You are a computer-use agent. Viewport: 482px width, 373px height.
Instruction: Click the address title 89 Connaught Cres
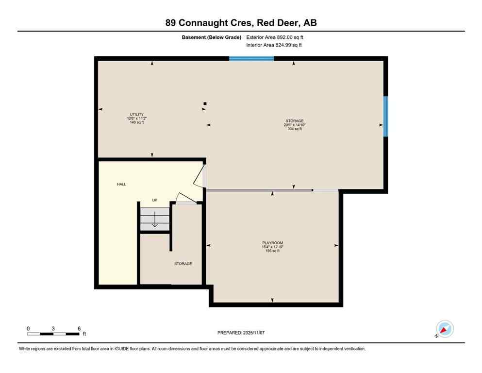click(241, 22)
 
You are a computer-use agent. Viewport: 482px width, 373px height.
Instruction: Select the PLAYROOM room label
click(272, 243)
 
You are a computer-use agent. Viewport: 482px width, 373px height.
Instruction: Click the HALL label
click(121, 185)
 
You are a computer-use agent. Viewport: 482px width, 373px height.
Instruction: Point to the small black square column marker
click(205, 103)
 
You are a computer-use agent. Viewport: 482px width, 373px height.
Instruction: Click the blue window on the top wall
click(251, 58)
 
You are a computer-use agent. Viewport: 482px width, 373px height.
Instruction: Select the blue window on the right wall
click(386, 117)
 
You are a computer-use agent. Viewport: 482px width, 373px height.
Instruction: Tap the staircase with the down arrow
click(155, 220)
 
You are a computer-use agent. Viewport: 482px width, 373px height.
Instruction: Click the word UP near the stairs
click(155, 200)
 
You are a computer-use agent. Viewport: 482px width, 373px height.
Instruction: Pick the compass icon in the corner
click(445, 329)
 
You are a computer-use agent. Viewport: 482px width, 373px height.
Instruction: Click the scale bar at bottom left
click(53, 334)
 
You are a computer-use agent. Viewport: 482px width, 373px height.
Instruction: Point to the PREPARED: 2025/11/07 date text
click(241, 333)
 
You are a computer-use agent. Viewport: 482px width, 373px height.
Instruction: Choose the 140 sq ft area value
click(136, 123)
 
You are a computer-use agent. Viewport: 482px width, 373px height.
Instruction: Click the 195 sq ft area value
click(272, 251)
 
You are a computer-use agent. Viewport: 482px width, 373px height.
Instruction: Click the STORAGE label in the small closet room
click(183, 264)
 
